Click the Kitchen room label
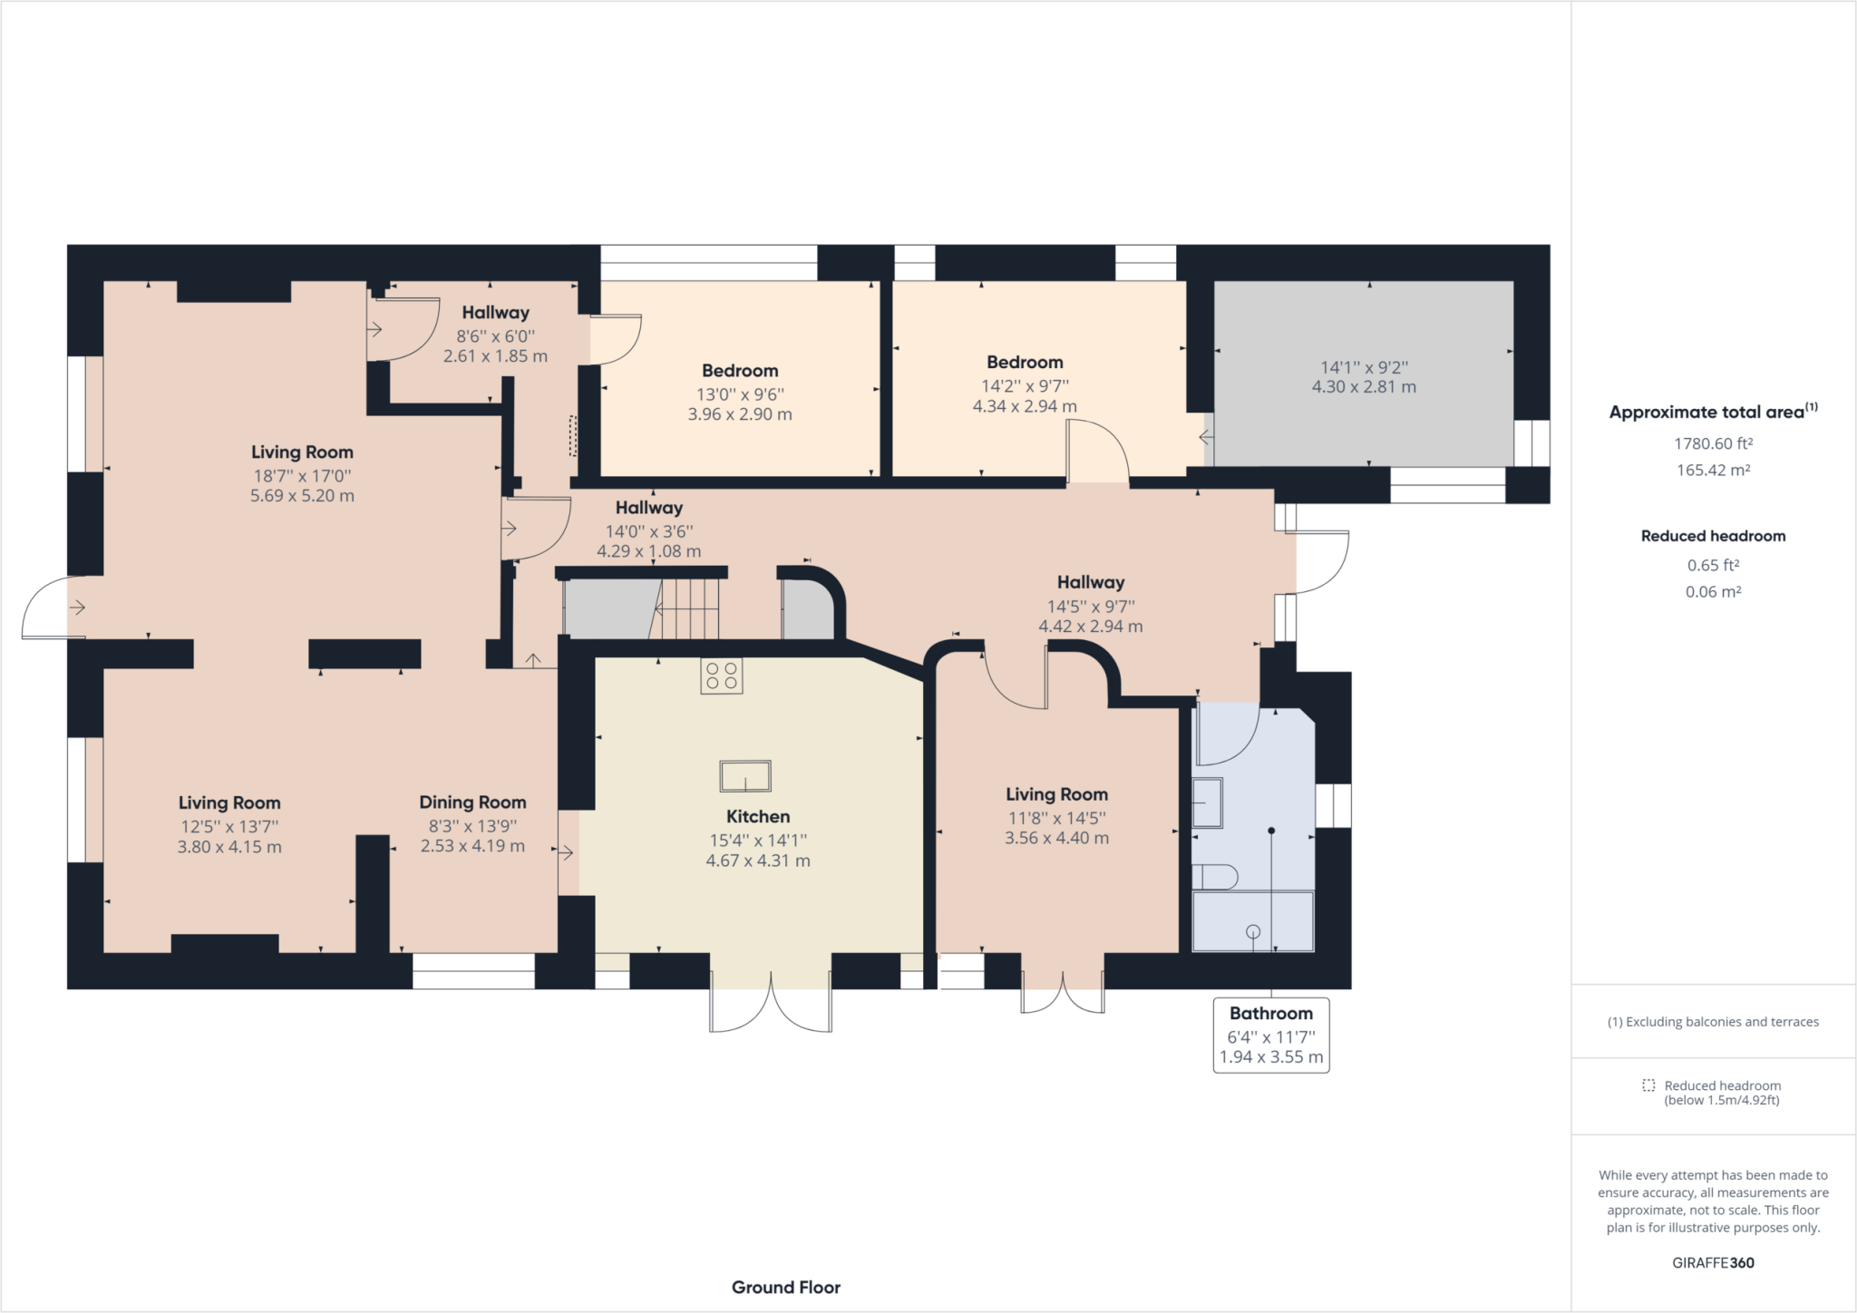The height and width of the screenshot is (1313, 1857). click(758, 816)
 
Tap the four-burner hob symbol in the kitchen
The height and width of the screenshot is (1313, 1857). click(722, 676)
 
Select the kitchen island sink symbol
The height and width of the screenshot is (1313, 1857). click(745, 776)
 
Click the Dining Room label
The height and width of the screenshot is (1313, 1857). click(472, 802)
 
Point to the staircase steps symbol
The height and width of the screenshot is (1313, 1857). click(688, 608)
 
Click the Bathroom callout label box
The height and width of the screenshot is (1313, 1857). click(1271, 1035)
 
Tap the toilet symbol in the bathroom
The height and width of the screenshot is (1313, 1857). click(1215, 877)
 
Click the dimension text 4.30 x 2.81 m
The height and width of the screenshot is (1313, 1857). click(1364, 387)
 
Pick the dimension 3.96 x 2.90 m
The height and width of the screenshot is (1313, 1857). click(740, 414)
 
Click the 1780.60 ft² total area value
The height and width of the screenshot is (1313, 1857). click(1713, 443)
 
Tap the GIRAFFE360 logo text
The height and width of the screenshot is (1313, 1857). click(1713, 1262)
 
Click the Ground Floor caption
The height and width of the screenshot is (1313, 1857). click(786, 1287)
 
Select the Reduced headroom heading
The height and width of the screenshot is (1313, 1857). click(1713, 536)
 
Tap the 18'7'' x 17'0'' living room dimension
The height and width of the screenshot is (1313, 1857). click(302, 475)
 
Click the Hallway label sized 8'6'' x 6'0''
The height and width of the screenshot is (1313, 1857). click(495, 313)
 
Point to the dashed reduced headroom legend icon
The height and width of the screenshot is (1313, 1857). click(1648, 1085)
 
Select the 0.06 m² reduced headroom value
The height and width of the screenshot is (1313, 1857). click(1713, 591)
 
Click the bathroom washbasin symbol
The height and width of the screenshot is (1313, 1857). click(1207, 802)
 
